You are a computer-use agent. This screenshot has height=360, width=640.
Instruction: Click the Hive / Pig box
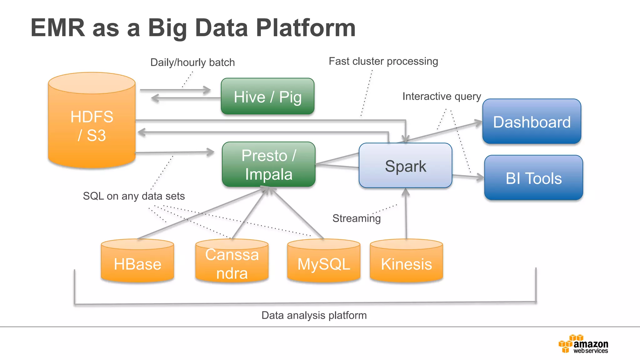pyautogui.click(x=267, y=96)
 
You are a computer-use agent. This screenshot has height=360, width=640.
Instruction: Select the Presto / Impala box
pyautogui.click(x=268, y=165)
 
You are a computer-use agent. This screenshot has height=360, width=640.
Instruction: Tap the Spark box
pyautogui.click(x=405, y=166)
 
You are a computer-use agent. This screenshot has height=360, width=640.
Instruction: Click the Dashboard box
pyautogui.click(x=532, y=122)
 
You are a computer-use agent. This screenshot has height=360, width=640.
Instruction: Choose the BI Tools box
pyautogui.click(x=533, y=178)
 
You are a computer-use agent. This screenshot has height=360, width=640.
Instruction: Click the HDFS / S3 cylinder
pyautogui.click(x=92, y=125)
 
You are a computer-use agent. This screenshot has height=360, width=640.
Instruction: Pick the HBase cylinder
pyautogui.click(x=137, y=261)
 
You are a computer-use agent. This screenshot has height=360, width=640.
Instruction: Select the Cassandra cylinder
pyautogui.click(x=232, y=262)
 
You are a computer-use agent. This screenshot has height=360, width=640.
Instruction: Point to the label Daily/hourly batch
pyautogui.click(x=192, y=62)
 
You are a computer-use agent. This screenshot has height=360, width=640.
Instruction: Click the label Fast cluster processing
pyautogui.click(x=383, y=61)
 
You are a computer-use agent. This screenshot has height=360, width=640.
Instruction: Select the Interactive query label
pyautogui.click(x=442, y=96)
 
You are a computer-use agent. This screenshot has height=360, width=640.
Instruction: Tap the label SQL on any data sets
pyautogui.click(x=134, y=196)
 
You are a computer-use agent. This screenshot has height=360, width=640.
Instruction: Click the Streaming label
pyautogui.click(x=356, y=218)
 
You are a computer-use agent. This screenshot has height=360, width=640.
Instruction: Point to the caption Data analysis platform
pyautogui.click(x=314, y=315)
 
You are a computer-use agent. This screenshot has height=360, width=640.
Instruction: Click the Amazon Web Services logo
pyautogui.click(x=583, y=344)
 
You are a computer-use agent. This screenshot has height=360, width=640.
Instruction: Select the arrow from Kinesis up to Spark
pyautogui.click(x=406, y=216)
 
